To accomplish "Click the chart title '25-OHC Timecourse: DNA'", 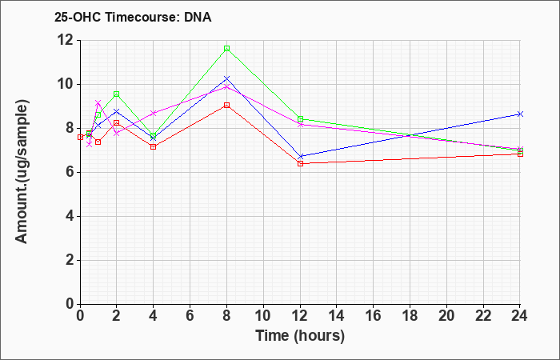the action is click(133, 17).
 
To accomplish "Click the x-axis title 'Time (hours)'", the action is click(300, 336).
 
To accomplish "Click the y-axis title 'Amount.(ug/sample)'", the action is click(22, 172).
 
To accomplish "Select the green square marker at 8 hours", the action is click(226, 49).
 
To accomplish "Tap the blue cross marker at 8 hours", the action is click(226, 78).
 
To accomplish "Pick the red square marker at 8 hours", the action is click(226, 106).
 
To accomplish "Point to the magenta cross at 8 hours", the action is click(226, 86).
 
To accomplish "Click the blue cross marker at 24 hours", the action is click(520, 114).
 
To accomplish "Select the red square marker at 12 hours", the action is click(300, 163).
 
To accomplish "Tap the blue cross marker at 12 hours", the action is click(300, 157).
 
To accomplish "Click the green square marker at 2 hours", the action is click(117, 94).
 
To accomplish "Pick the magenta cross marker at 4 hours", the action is click(154, 114).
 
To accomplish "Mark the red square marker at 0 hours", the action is click(80, 137).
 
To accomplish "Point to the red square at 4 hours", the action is click(154, 146).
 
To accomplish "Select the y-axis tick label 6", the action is click(70, 172).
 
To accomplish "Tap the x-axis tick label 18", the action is click(410, 316).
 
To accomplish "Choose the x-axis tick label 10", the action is click(263, 316).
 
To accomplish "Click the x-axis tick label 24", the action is click(519, 316).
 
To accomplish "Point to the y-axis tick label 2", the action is click(70, 260).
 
